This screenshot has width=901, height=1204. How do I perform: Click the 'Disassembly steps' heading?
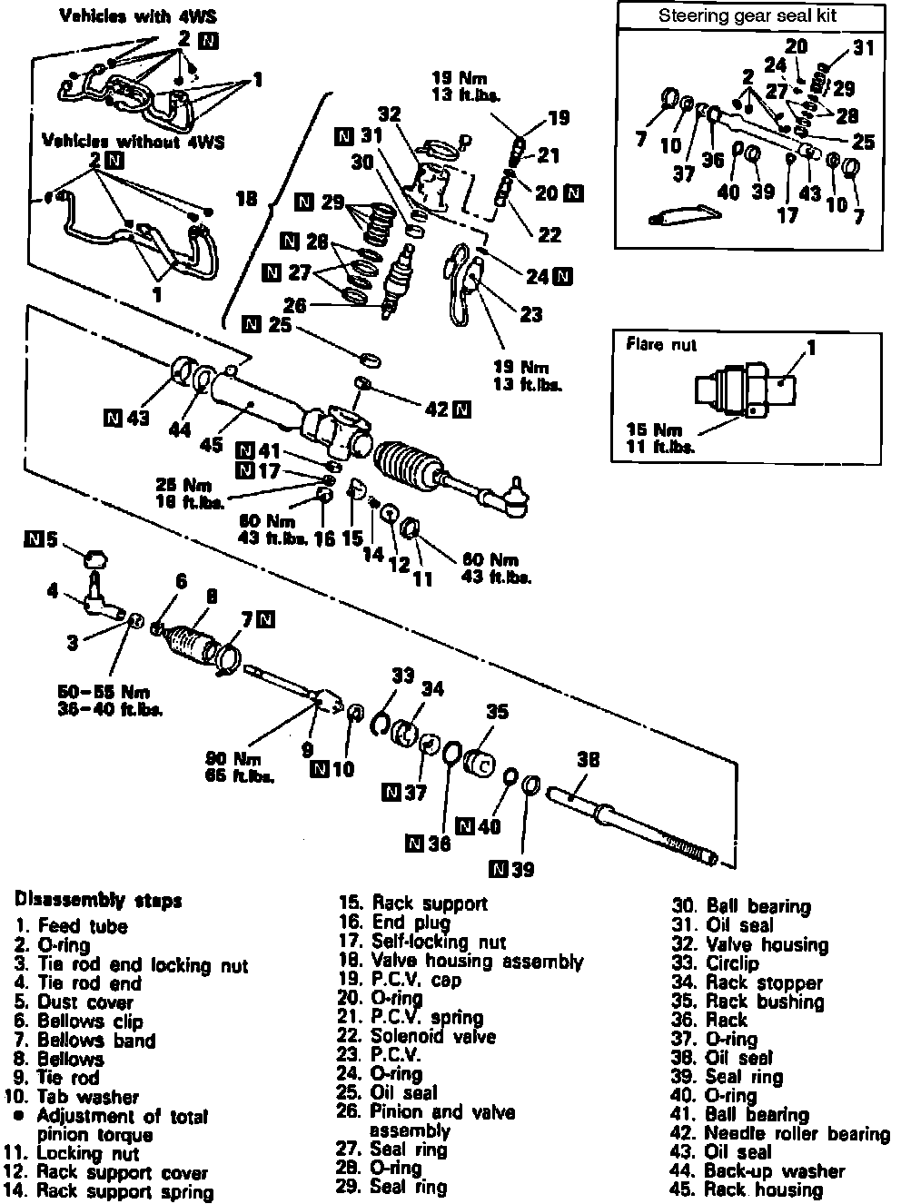tap(98, 901)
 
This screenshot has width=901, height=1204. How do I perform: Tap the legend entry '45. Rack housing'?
tap(747, 1189)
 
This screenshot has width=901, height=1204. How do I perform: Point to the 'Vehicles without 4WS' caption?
tap(134, 142)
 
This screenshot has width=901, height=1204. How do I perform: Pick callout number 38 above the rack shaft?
tap(589, 759)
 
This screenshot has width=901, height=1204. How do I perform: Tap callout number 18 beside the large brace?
tap(247, 198)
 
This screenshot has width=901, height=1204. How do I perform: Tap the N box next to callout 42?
tap(462, 409)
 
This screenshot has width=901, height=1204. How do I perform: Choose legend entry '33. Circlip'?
tap(731, 963)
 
